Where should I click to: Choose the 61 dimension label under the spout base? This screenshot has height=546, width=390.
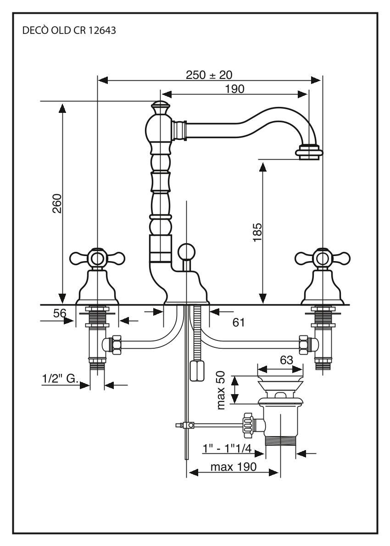click(x=238, y=323)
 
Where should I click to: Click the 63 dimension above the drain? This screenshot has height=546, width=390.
click(x=286, y=360)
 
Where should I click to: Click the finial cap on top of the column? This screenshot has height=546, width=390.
click(x=159, y=108)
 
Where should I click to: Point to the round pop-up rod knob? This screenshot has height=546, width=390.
click(x=187, y=251)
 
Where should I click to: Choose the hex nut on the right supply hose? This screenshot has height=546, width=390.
click(x=303, y=344)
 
